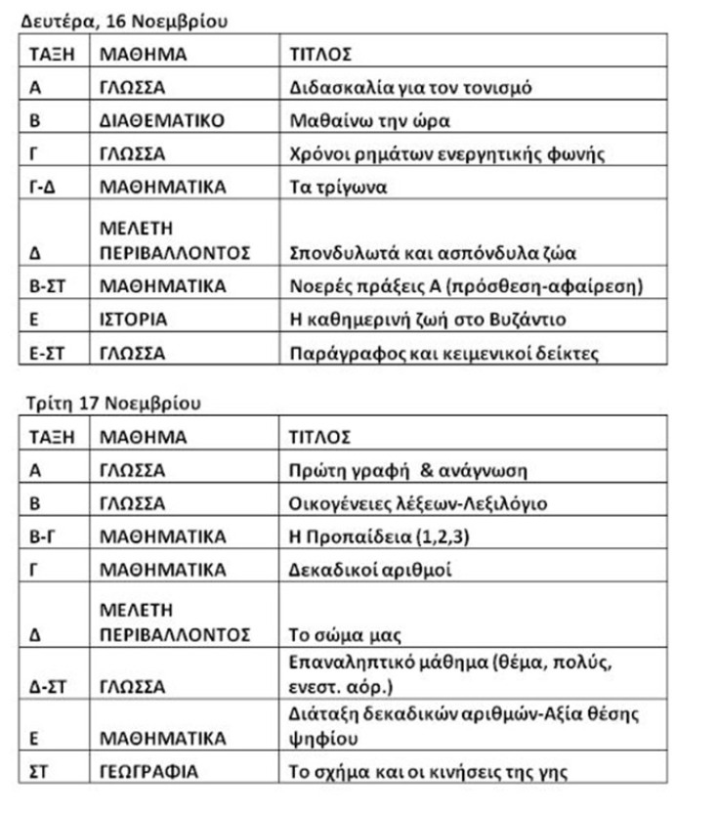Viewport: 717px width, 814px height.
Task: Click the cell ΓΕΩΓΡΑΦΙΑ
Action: click(x=148, y=771)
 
